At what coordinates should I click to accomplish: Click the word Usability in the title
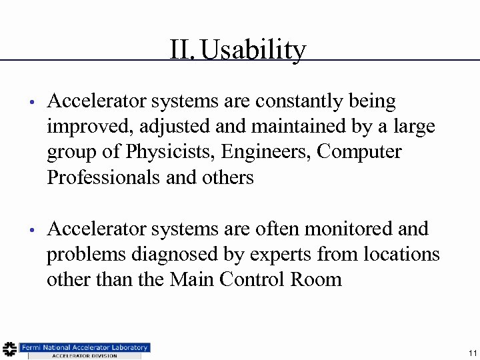(253, 49)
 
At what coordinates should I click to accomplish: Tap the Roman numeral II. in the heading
(182, 49)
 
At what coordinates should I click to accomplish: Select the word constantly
(299, 101)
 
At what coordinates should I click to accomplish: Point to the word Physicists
(171, 152)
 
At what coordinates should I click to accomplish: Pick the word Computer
(359, 152)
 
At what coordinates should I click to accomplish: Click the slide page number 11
(472, 353)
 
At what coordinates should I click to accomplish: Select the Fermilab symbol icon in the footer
(9, 349)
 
